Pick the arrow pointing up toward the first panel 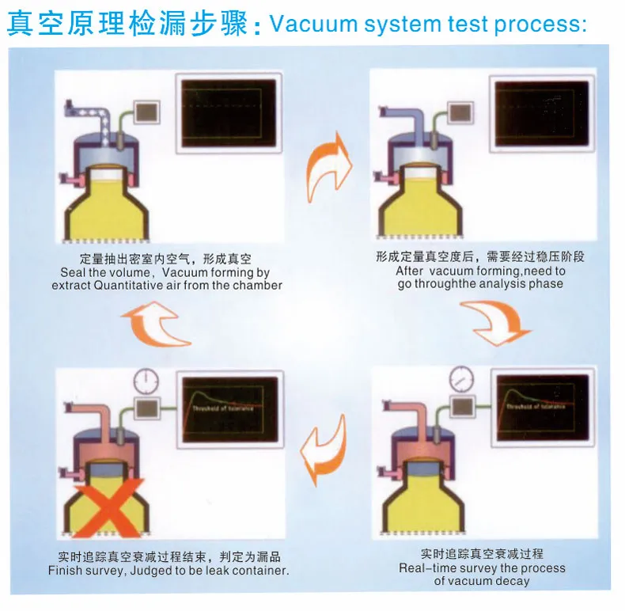pos(155,324)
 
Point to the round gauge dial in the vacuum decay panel pos(461,380)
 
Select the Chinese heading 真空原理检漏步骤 pos(127,24)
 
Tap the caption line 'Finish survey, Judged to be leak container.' pos(169,570)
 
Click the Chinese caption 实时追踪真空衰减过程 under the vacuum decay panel pos(482,553)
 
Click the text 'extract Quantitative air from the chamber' pos(167,285)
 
